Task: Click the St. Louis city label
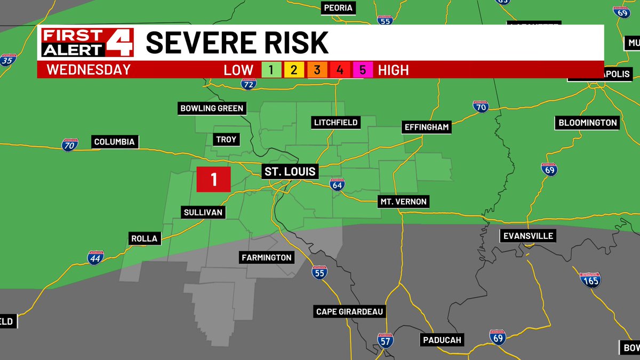click(x=291, y=172)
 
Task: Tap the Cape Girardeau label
click(x=350, y=312)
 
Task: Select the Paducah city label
click(x=442, y=340)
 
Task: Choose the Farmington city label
click(x=267, y=258)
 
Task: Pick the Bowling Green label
click(x=212, y=109)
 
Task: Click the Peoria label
click(x=338, y=8)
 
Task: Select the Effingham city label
click(x=427, y=127)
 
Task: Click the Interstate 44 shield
click(x=97, y=257)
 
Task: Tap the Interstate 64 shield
click(x=337, y=185)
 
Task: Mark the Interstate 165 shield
click(x=590, y=279)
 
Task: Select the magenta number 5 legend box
click(x=363, y=70)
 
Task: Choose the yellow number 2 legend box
click(x=294, y=70)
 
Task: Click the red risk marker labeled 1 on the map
click(x=214, y=179)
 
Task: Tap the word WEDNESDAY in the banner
click(x=89, y=69)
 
